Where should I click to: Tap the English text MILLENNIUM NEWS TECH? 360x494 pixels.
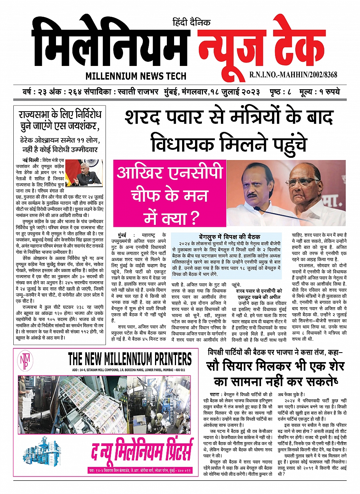pos(136,76)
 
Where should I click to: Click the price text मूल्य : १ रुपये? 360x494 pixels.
pos(319,93)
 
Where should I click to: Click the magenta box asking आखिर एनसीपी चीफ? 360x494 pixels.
pos(169,192)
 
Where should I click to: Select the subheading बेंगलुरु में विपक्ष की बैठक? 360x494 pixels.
pos(230,236)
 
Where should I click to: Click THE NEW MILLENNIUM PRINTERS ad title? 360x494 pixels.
pos(130,359)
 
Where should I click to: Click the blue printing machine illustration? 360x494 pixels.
pos(38,451)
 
